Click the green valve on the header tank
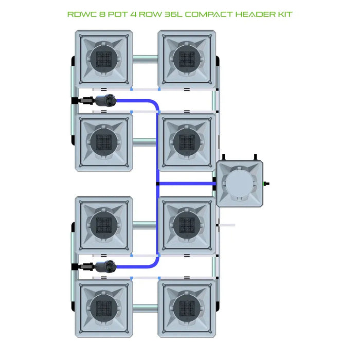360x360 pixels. tap(266, 183)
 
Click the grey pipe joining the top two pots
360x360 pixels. tap(145, 58)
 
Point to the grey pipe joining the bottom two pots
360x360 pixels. tap(145, 307)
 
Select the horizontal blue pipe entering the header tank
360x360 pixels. tap(185, 183)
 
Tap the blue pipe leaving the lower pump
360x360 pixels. tap(134, 266)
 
